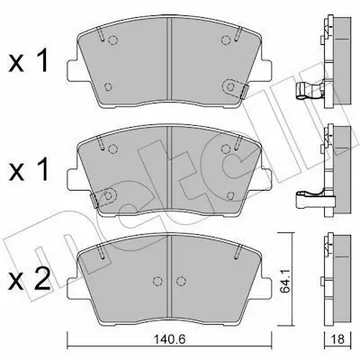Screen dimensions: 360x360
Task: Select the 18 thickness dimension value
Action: tap(338, 339)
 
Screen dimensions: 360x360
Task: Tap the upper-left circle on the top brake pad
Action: tap(113, 40)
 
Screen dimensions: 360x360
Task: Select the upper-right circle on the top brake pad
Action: tap(226, 40)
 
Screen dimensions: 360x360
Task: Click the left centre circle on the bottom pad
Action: tap(157, 281)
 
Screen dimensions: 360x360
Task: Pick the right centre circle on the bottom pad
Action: tap(180, 281)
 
